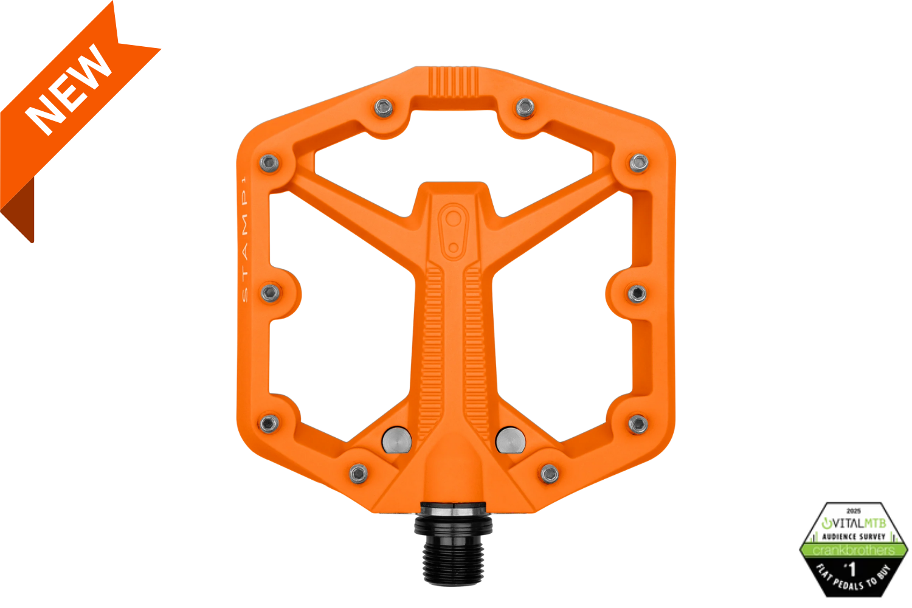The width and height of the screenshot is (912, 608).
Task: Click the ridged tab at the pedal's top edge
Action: [453, 81]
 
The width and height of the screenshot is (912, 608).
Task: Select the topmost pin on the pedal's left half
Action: [384, 108]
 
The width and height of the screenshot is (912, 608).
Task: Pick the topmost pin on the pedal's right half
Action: [525, 108]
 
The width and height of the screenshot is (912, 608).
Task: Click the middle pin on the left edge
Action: [271, 293]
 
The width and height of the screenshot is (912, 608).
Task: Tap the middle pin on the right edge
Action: [637, 294]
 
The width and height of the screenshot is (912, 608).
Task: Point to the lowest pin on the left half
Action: [359, 472]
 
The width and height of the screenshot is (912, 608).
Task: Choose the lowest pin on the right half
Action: [550, 473]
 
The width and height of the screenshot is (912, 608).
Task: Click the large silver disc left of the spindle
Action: [396, 440]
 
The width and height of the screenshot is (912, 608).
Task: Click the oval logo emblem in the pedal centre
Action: [453, 227]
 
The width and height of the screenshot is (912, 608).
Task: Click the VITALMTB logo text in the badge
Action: [854, 523]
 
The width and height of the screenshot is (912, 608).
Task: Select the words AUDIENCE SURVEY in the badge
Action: [854, 537]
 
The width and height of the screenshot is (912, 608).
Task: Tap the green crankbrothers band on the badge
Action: [854, 550]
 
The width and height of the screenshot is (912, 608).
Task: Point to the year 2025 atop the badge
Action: [854, 511]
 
